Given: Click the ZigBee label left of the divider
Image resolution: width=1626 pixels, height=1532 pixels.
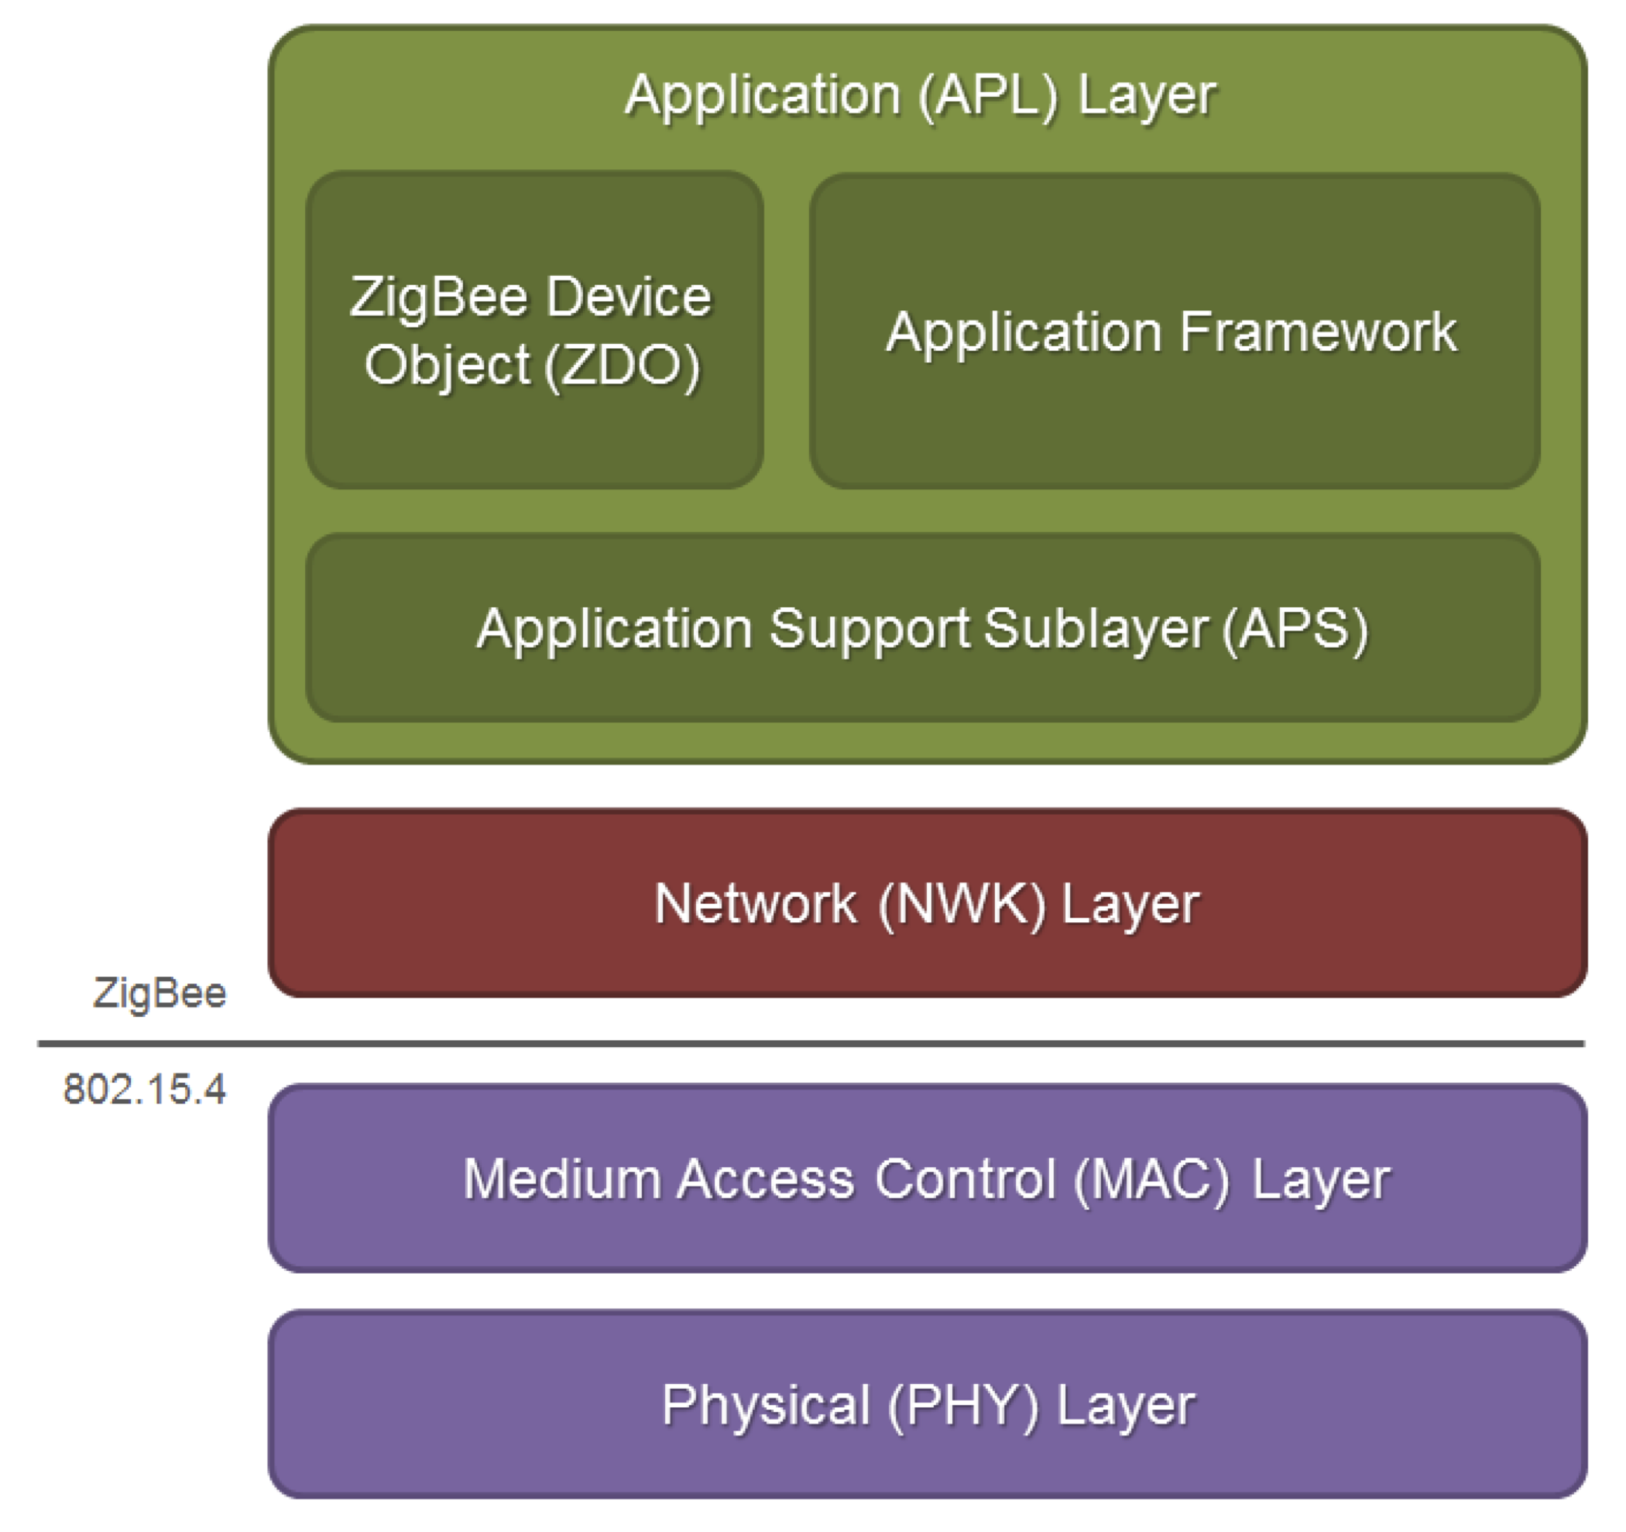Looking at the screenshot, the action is [x=160, y=994].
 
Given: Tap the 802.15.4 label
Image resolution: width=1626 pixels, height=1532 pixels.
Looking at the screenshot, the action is [x=144, y=1090].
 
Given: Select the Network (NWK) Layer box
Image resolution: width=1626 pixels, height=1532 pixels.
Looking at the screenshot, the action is [x=928, y=903].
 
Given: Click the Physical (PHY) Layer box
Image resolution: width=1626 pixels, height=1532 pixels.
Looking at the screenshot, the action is [x=928, y=1405].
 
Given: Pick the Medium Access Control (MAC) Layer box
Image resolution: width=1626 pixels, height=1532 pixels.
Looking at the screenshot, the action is [x=928, y=1179].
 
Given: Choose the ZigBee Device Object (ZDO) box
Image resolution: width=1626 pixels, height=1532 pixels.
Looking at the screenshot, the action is [x=535, y=330].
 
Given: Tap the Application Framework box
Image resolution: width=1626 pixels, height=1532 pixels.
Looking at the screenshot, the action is [x=1175, y=331].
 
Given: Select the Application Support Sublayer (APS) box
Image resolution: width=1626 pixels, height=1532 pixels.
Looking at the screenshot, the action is [x=924, y=628].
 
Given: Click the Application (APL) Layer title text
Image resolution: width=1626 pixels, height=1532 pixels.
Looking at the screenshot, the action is [x=921, y=97].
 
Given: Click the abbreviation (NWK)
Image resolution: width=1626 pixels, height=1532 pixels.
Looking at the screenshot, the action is [x=962, y=905].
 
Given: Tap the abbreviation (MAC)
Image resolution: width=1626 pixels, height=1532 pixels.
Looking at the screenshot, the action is [x=1151, y=1180].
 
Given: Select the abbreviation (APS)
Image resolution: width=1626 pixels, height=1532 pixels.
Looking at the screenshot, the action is [x=1295, y=630].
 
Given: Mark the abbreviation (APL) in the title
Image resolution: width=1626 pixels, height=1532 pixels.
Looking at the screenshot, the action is [x=988, y=97].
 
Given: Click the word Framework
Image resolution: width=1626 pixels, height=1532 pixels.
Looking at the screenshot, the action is [x=1319, y=332].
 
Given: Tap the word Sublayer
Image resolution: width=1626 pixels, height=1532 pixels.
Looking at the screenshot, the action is [x=1096, y=630].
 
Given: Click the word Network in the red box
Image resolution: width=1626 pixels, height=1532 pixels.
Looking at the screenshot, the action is [x=756, y=904].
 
